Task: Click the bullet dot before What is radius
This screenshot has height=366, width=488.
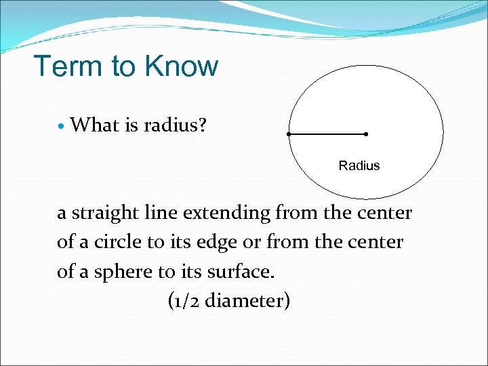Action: [62, 125]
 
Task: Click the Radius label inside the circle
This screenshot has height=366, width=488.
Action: [359, 165]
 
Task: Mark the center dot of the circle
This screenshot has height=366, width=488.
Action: [366, 134]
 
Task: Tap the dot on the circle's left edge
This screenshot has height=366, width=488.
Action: [289, 134]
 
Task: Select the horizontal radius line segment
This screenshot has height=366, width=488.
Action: [327, 134]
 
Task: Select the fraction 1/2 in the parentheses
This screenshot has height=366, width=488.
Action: [184, 300]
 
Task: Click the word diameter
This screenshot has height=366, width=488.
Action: [245, 300]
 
